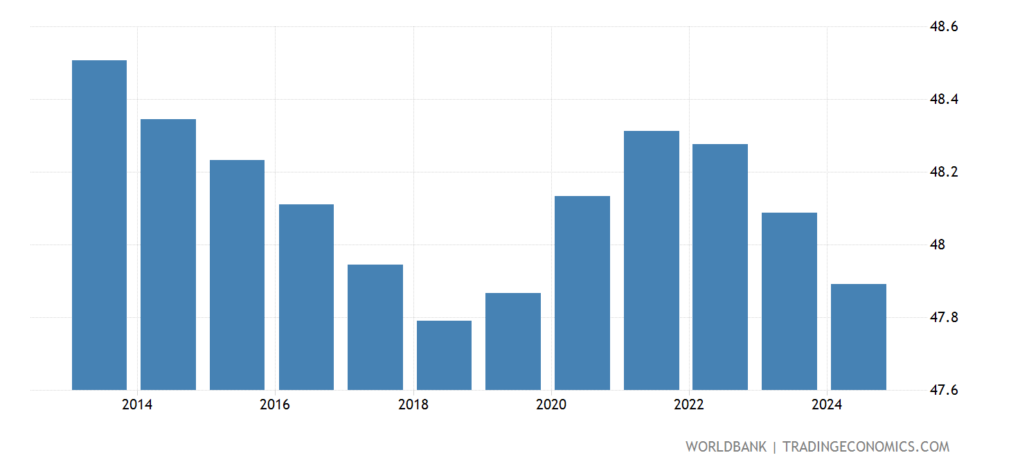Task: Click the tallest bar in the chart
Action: [99, 225]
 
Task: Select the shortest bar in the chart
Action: [444, 355]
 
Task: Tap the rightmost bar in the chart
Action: [858, 337]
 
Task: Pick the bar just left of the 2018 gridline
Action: [375, 327]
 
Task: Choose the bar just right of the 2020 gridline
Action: [582, 293]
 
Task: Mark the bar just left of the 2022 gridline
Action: [651, 260]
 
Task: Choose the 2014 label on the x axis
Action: [137, 405]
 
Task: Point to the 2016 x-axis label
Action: [275, 405]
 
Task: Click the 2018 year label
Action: [413, 405]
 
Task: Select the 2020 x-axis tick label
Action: [551, 405]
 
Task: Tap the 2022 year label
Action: [689, 405]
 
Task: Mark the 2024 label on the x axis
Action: [827, 405]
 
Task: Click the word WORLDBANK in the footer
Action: [726, 447]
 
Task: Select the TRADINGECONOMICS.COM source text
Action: [866, 447]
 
